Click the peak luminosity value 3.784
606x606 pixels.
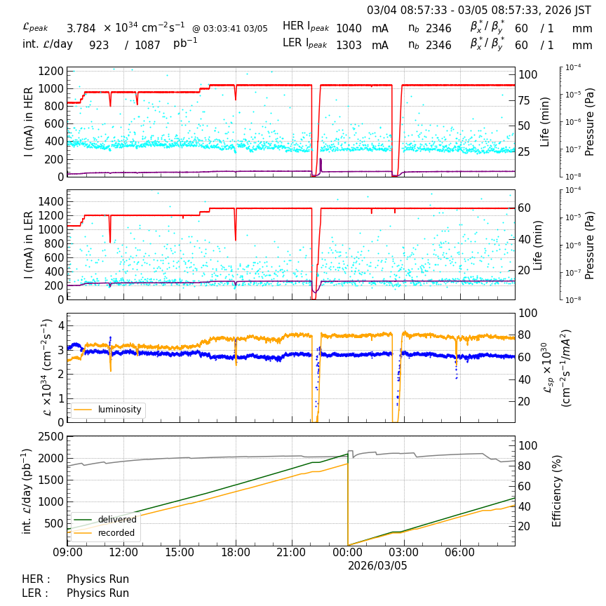(x=81, y=29)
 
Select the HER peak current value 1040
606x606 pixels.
(x=349, y=29)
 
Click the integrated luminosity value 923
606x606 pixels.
(x=99, y=46)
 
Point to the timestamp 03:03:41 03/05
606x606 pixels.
(x=230, y=29)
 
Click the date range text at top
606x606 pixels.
(x=479, y=11)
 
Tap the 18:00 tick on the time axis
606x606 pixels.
(x=236, y=553)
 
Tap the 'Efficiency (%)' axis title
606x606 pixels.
(x=558, y=491)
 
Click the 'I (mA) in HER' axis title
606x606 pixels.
(x=29, y=122)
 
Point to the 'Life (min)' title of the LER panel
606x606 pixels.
(x=538, y=245)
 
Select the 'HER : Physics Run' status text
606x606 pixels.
(x=76, y=579)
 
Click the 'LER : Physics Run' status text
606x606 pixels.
(x=76, y=593)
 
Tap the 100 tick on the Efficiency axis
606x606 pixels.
(x=528, y=445)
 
